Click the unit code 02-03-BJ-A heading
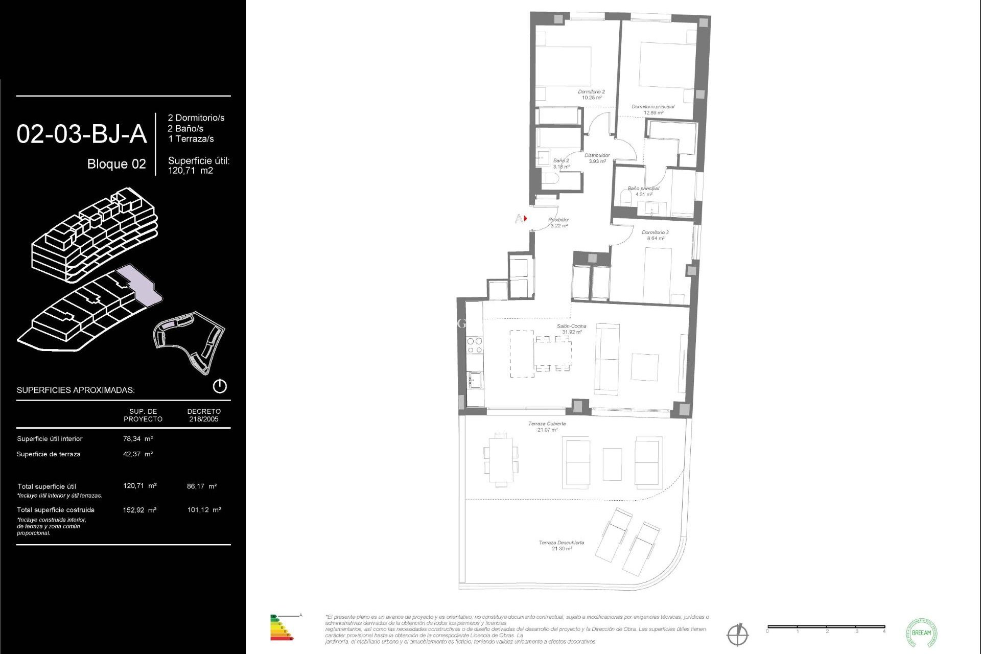(x=82, y=134)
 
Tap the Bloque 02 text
(x=116, y=164)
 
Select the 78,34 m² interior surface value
(x=137, y=438)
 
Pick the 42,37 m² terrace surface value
(x=137, y=454)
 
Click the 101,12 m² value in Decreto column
(x=204, y=509)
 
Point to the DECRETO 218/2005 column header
(x=204, y=415)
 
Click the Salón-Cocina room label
(x=571, y=329)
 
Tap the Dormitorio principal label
(x=653, y=109)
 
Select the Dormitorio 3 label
(x=655, y=235)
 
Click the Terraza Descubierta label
(x=561, y=545)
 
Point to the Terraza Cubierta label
(x=547, y=426)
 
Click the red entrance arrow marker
(x=525, y=219)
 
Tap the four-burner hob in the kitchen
(x=475, y=345)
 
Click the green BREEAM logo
(x=921, y=633)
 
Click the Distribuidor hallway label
(x=597, y=158)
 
